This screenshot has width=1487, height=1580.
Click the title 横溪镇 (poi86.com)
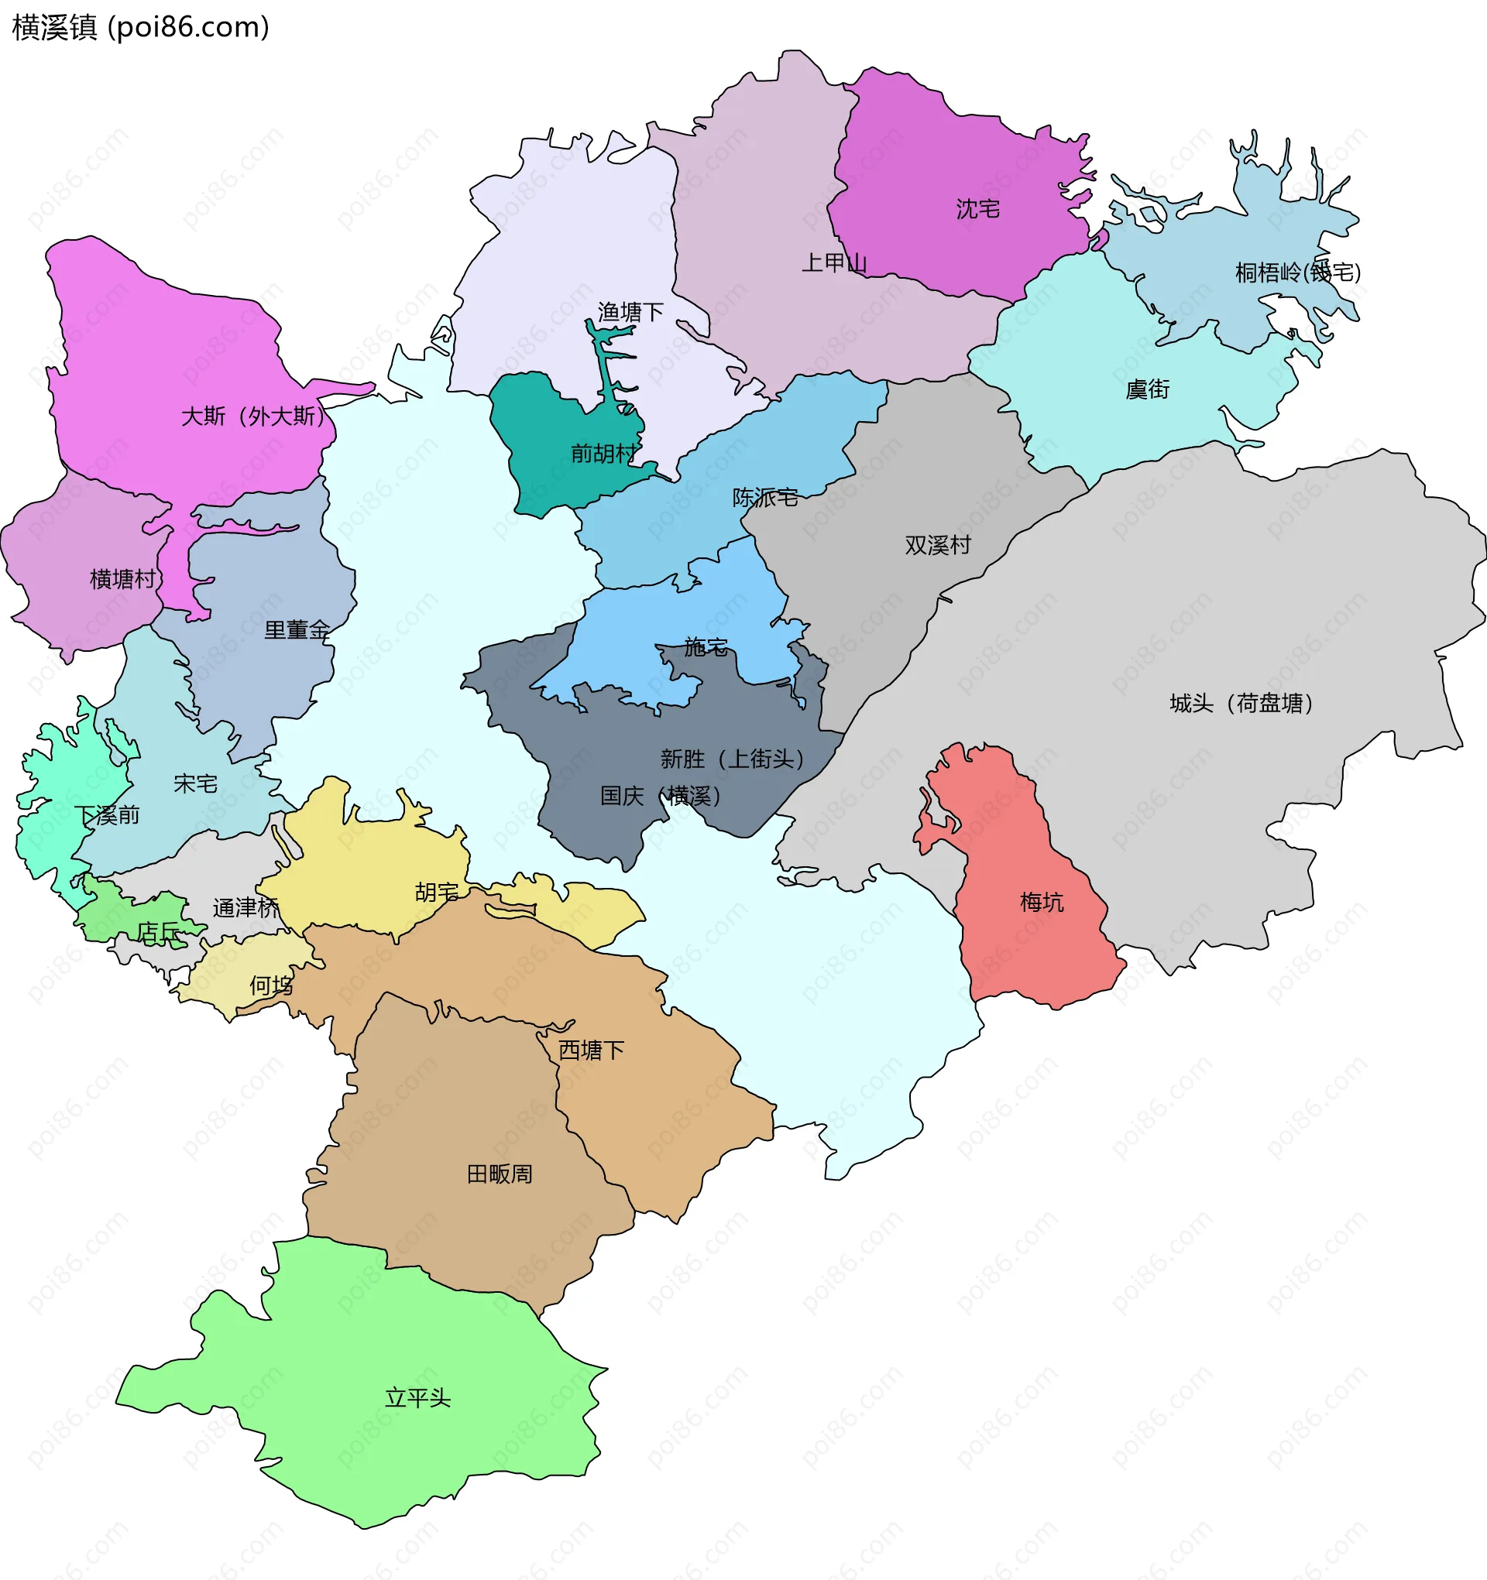pyautogui.click(x=141, y=28)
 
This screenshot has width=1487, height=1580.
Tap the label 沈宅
pyautogui.click(x=977, y=209)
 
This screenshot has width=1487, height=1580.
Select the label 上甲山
pyautogui.click(x=833, y=262)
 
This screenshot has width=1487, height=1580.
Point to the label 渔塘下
pyautogui.click(x=630, y=312)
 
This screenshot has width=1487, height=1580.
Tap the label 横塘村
pyautogui.click(x=122, y=578)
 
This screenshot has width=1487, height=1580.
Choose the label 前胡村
pyautogui.click(x=603, y=453)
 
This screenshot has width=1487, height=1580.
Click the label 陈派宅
pyautogui.click(x=764, y=498)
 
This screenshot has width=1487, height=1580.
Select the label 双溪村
pyautogui.click(x=938, y=545)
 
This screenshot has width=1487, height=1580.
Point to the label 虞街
pyautogui.click(x=1147, y=389)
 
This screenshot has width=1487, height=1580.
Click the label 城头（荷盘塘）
pyautogui.click(x=1241, y=704)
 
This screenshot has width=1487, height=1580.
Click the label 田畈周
pyautogui.click(x=500, y=1174)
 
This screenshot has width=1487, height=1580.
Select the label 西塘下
pyautogui.click(x=591, y=1050)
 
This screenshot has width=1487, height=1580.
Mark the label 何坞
pyautogui.click(x=271, y=985)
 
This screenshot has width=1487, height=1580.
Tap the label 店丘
pyautogui.click(x=158, y=931)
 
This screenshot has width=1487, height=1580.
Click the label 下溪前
pyautogui.click(x=108, y=814)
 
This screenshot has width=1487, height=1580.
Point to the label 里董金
pyautogui.click(x=297, y=630)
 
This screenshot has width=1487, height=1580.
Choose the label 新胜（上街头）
pyautogui.click(x=732, y=759)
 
